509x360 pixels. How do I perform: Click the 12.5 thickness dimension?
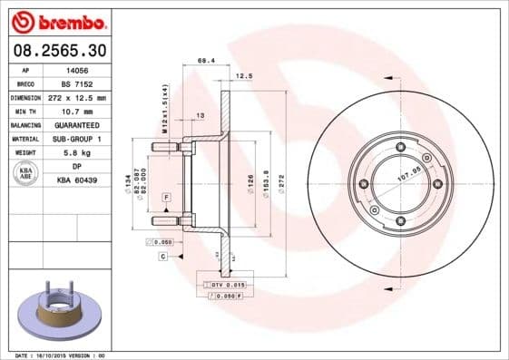[241, 76]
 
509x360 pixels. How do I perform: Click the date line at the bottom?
[61, 355]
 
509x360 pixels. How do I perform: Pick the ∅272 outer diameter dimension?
[282, 177]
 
